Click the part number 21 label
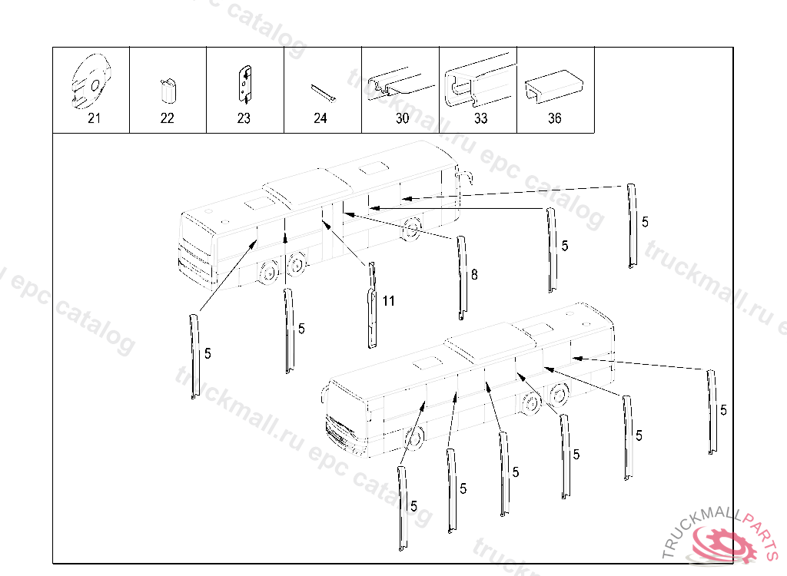tap(94, 118)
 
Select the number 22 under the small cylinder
tap(168, 118)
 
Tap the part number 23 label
tap(244, 118)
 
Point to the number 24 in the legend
tap(320, 118)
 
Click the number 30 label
tap(402, 118)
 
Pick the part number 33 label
tap(480, 118)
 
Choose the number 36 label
tap(555, 118)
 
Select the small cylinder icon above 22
tap(168, 91)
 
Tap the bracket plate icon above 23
tap(244, 84)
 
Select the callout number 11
tap(388, 301)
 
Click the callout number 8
tap(474, 273)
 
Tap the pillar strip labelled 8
tap(461, 276)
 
